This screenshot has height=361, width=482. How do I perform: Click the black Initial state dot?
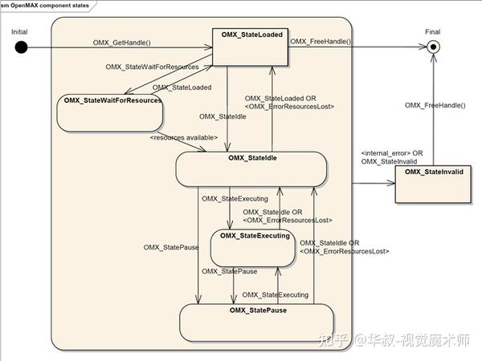pyautogui.click(x=21, y=47)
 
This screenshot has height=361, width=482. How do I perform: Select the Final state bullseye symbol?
pyautogui.click(x=434, y=47)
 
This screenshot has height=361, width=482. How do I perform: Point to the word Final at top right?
pyautogui.click(x=433, y=30)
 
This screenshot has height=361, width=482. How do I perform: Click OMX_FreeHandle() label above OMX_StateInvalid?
pyautogui.click(x=435, y=105)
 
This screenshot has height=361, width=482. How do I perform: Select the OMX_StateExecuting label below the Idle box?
pyautogui.click(x=230, y=198)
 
